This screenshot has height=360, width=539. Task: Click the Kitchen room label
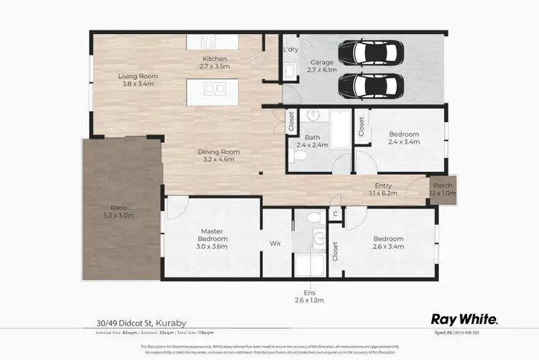coord(214,63)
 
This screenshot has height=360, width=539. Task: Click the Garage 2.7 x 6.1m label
coord(321,67)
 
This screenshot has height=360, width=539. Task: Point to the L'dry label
coord(291,49)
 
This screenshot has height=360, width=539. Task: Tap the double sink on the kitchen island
coord(214,89)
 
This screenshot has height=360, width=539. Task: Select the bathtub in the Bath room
coord(338,134)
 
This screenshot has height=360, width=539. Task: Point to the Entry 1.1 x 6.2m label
coord(382,189)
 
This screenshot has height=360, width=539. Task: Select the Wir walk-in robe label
coord(275,244)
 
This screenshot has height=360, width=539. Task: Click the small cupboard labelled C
coord(335,214)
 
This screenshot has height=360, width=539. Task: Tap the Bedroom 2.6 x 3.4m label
coord(388,242)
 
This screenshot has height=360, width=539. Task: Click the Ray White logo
coord(464,319)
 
